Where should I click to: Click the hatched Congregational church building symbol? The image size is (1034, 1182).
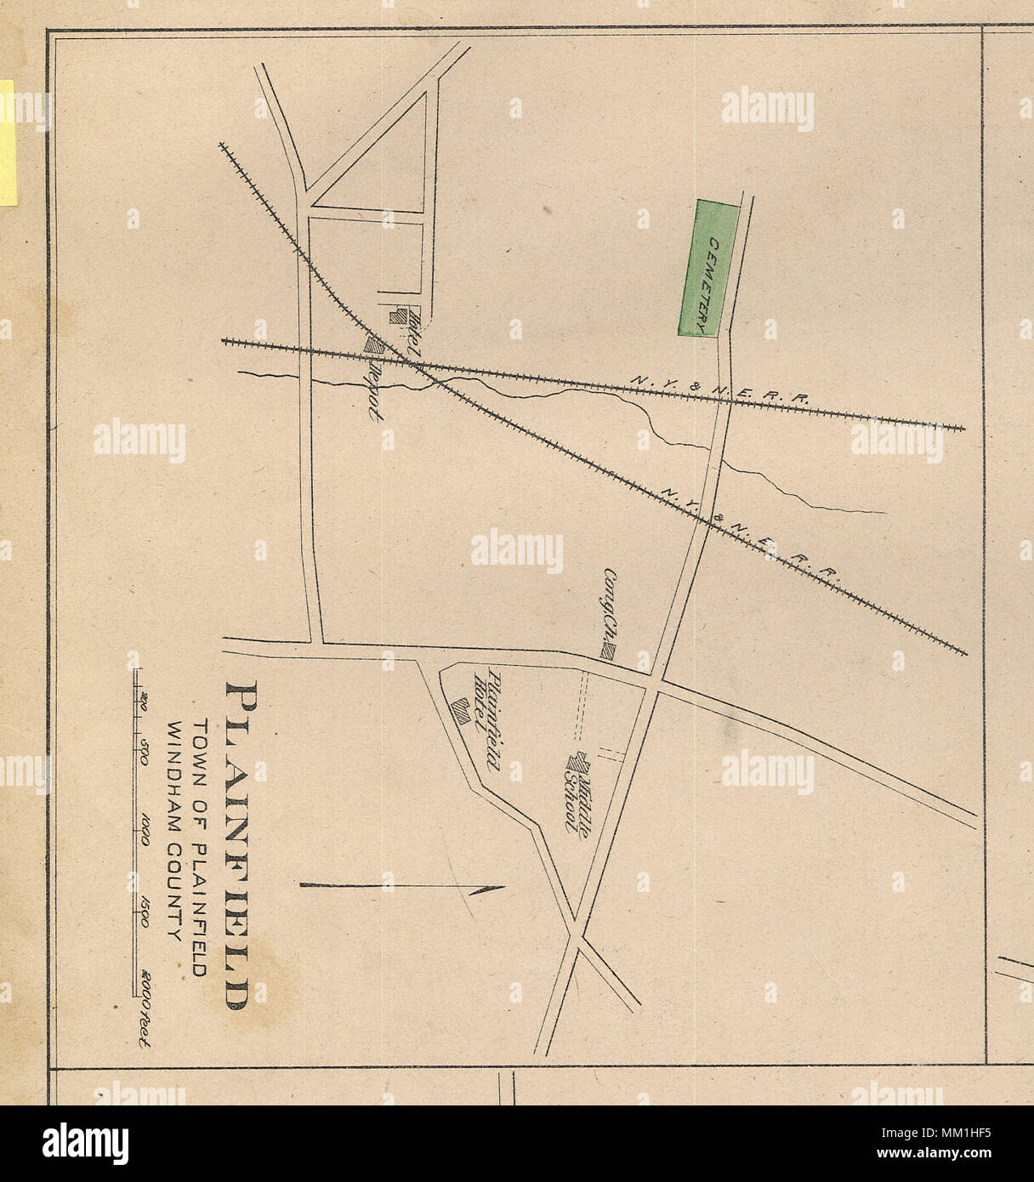(x=609, y=652)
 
